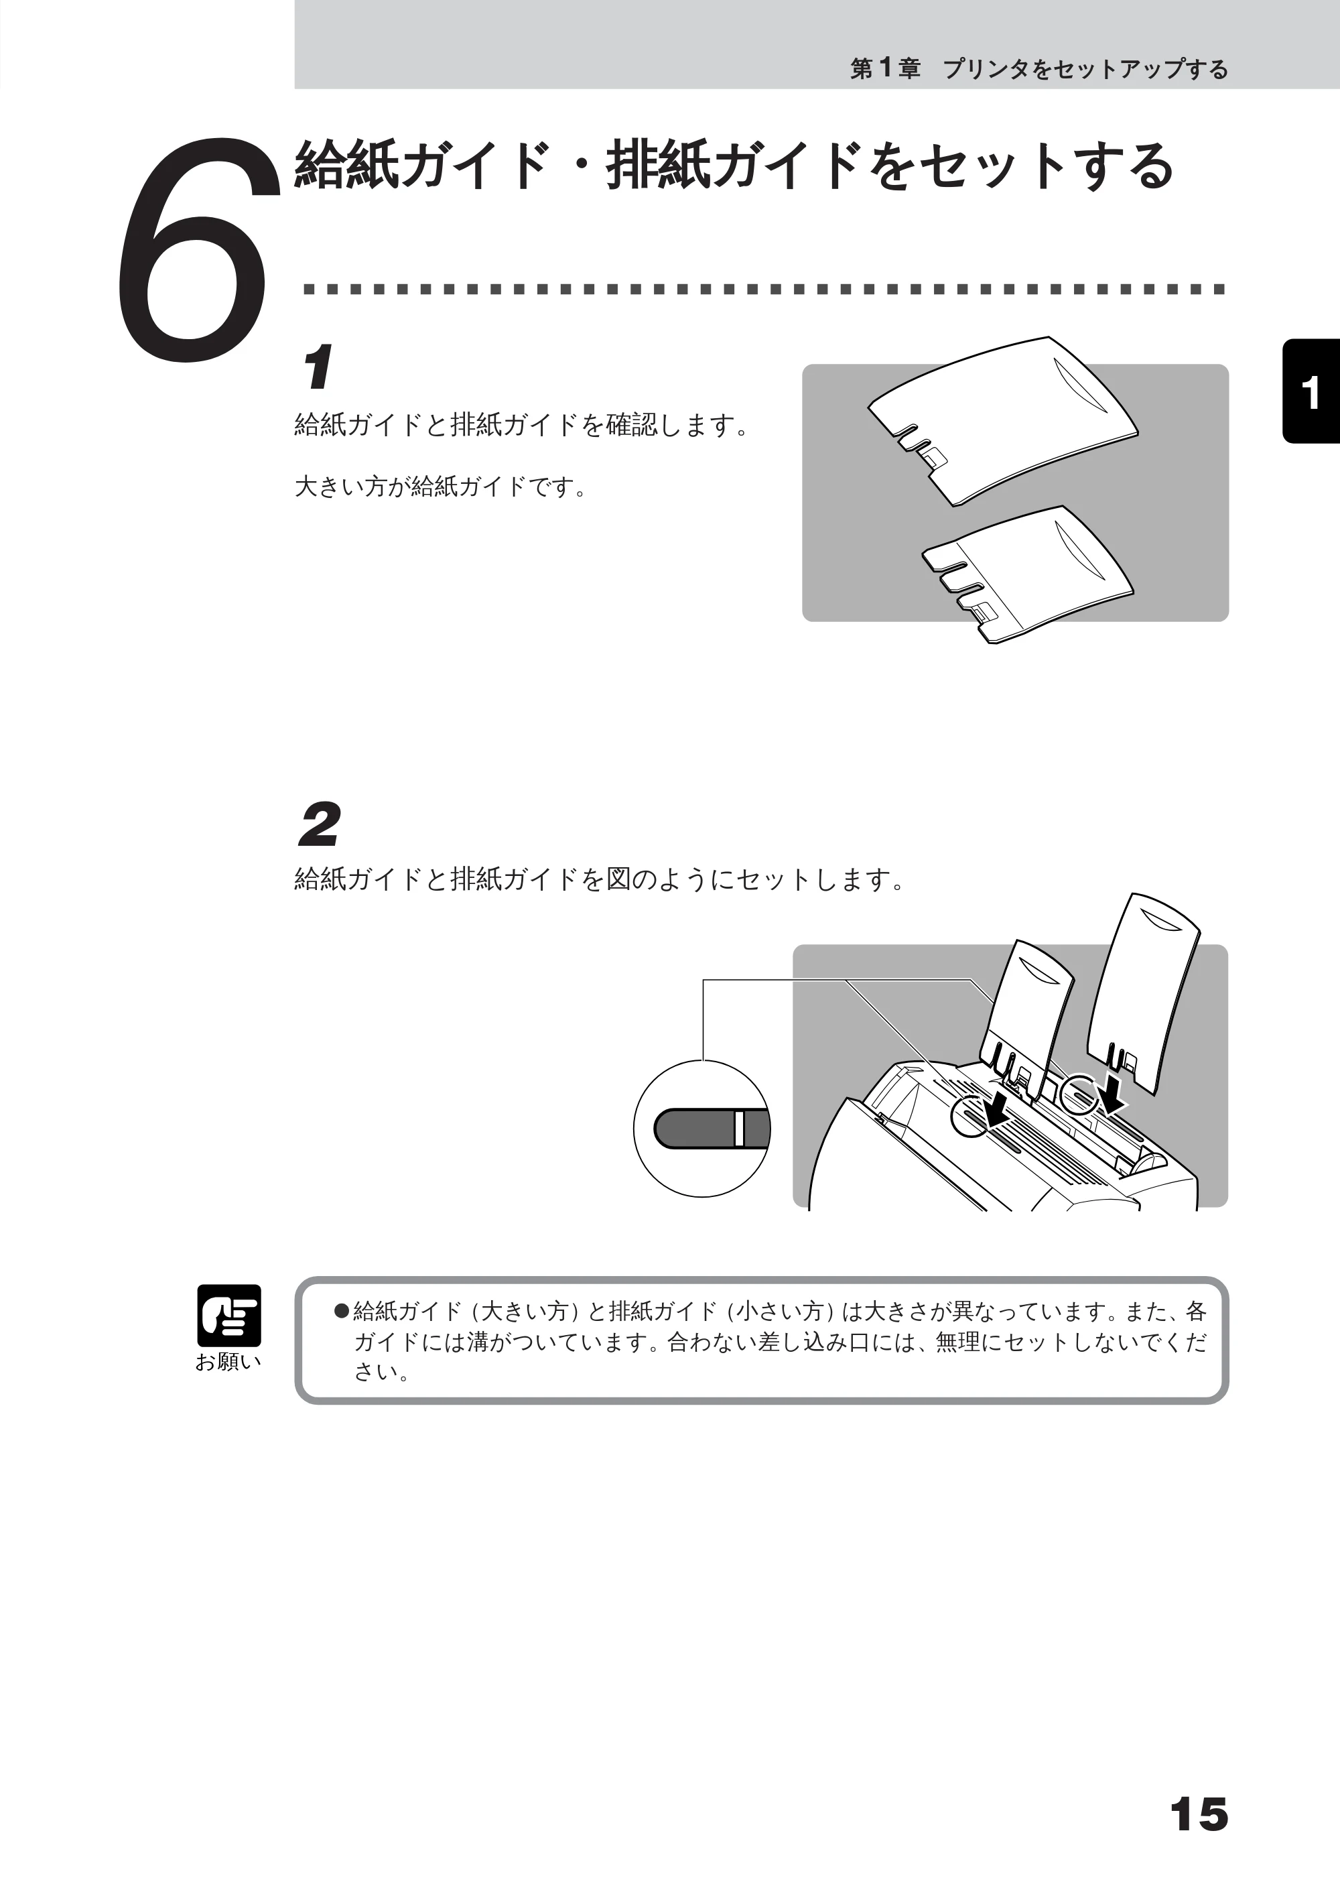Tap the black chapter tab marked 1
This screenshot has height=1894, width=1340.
pos(1311,391)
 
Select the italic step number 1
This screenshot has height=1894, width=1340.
pos(318,367)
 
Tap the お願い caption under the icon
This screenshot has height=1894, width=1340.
pos(228,1363)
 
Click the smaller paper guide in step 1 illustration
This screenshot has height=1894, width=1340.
pos(1027,573)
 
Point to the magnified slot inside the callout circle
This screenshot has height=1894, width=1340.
pos(712,1128)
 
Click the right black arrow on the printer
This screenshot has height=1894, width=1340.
pos(1112,1088)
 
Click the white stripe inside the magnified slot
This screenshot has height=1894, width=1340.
pos(739,1128)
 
